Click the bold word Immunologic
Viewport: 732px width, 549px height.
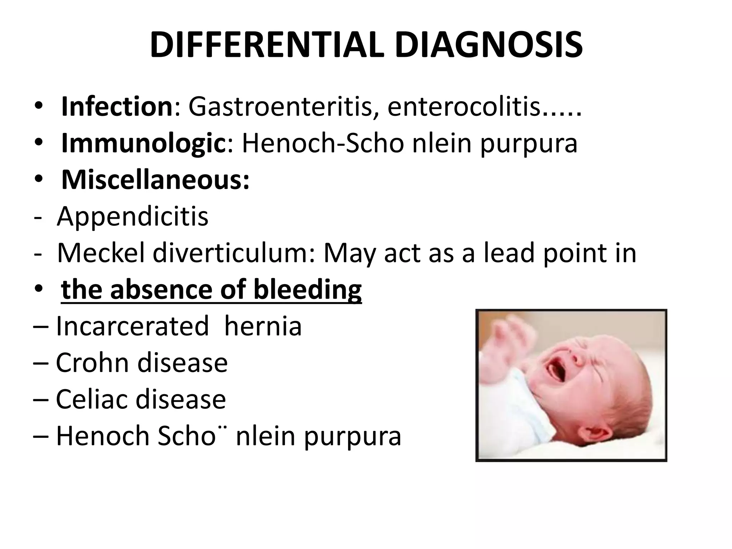[144, 143]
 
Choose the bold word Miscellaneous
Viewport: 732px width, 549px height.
[155, 180]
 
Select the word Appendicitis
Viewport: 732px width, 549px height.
[133, 216]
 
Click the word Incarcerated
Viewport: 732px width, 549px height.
[132, 326]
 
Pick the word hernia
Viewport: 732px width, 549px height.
[263, 326]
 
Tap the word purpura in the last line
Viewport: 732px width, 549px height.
[352, 436]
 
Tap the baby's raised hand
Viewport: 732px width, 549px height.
[515, 332]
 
